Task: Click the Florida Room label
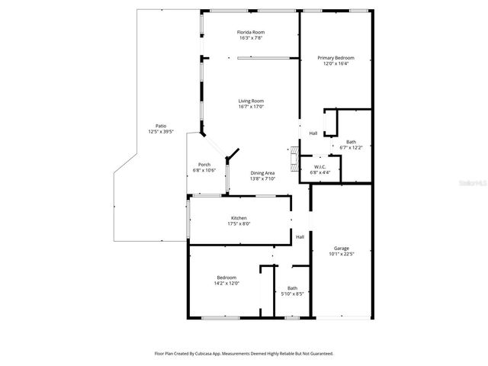click(251, 32)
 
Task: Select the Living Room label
click(251, 101)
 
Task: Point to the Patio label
click(161, 126)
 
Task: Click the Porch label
click(204, 164)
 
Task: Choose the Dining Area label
click(263, 173)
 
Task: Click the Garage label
click(342, 249)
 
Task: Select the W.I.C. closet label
click(321, 167)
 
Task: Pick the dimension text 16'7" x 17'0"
click(251, 107)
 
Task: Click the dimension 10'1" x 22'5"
click(342, 255)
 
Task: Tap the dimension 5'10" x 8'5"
click(293, 294)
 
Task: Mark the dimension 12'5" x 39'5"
click(161, 132)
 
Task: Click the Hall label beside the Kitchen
click(300, 236)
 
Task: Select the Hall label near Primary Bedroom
click(313, 133)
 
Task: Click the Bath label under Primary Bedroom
click(351, 141)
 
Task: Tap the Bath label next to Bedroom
click(293, 287)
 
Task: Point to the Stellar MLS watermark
click(467, 184)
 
